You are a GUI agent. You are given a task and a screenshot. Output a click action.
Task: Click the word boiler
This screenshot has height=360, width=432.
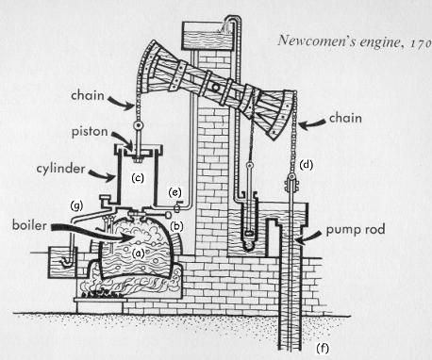pos(25,226)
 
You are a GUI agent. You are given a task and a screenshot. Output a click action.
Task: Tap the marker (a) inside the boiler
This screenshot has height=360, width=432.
pos(139,252)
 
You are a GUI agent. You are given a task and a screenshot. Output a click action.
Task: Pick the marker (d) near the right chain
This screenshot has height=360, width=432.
pos(307,165)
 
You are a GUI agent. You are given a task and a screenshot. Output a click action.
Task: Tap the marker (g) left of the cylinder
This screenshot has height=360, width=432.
pos(78,205)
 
